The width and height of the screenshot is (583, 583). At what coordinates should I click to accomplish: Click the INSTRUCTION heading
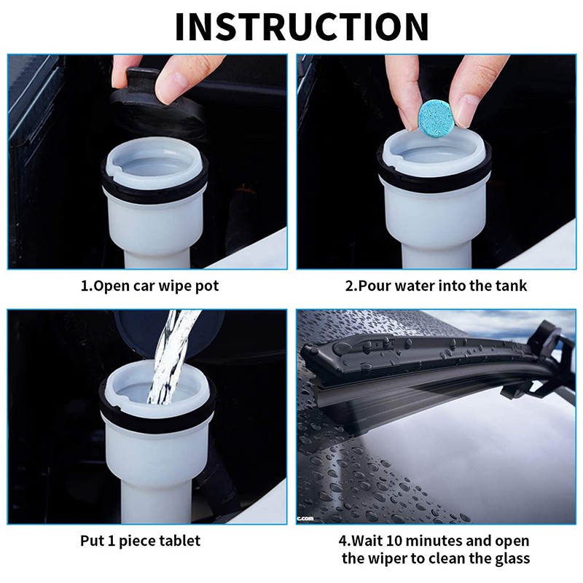pyautogui.click(x=302, y=27)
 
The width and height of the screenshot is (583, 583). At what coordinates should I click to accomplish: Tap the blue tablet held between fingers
pyautogui.click(x=434, y=116)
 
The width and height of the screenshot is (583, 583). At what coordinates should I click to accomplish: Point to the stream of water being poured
pyautogui.click(x=171, y=357)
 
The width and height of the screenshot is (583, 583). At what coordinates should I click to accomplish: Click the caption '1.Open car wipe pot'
pyautogui.click(x=149, y=286)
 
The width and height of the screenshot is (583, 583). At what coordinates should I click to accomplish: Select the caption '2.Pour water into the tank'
pyautogui.click(x=436, y=286)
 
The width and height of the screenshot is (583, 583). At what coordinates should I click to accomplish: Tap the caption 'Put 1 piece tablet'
pyautogui.click(x=140, y=541)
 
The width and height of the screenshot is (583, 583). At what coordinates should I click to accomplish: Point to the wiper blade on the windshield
pyautogui.click(x=423, y=361)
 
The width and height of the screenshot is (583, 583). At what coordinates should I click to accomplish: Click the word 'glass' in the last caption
pyautogui.click(x=510, y=558)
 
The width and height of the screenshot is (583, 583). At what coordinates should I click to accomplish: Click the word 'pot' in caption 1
pyautogui.click(x=208, y=286)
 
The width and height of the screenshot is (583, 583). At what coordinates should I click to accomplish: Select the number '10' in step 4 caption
pyautogui.click(x=408, y=541)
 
